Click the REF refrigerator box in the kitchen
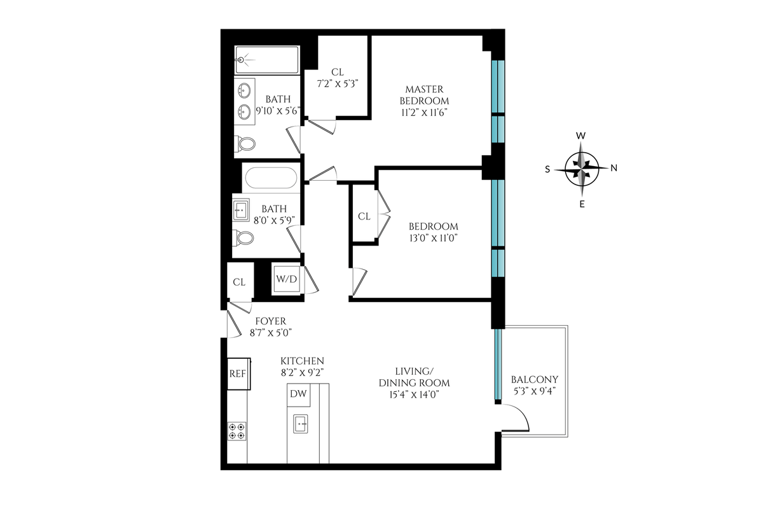click(239, 373)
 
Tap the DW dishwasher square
click(298, 394)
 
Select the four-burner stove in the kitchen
click(237, 431)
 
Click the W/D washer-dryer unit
click(287, 279)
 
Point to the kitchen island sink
click(300, 424)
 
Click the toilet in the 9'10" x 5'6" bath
click(245, 144)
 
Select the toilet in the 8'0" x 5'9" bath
click(243, 237)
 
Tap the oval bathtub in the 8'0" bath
click(271, 178)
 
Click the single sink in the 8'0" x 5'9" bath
click(241, 210)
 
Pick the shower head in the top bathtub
click(241, 60)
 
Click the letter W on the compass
click(581, 136)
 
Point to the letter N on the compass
click(614, 168)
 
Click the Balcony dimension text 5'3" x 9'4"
click(535, 391)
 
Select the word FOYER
click(271, 321)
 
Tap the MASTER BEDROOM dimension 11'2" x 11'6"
click(424, 113)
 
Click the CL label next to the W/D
click(239, 282)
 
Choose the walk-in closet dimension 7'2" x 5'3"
click(338, 84)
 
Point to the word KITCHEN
click(302, 361)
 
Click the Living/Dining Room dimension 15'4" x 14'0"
click(414, 394)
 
